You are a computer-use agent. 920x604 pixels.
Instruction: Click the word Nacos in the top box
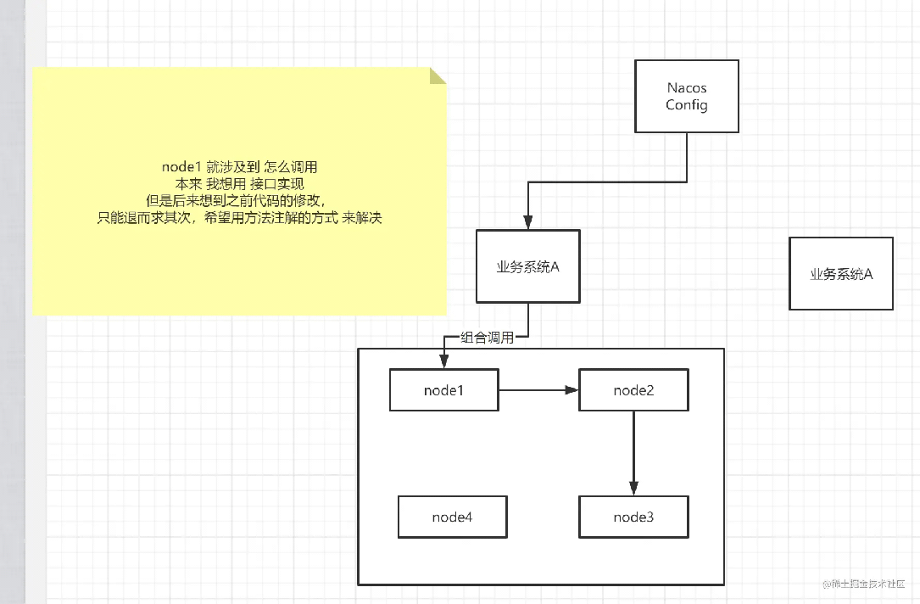click(687, 88)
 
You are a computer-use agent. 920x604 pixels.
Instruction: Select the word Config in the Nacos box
click(687, 105)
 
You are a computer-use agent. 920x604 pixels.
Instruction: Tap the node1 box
click(444, 389)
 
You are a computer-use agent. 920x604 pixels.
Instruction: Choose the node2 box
click(633, 389)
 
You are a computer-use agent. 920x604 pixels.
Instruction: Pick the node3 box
click(633, 517)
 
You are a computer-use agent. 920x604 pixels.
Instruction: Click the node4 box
click(453, 517)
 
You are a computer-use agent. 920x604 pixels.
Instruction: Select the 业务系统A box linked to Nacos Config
click(528, 266)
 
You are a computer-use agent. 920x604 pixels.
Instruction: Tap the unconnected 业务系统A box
click(841, 273)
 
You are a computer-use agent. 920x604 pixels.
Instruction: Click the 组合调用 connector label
click(487, 338)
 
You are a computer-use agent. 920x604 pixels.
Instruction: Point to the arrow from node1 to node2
click(538, 389)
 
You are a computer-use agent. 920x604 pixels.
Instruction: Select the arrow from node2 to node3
click(633, 453)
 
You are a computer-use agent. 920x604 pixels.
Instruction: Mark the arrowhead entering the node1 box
click(444, 361)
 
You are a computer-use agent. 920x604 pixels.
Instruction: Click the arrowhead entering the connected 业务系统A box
click(528, 222)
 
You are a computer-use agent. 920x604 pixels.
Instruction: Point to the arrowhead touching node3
click(633, 489)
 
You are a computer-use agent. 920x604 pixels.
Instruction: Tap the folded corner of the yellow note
click(438, 75)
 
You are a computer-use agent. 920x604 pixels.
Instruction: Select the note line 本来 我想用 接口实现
click(239, 184)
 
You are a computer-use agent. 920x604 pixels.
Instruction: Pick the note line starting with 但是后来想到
click(236, 201)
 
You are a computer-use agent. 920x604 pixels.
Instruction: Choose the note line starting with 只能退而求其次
click(239, 218)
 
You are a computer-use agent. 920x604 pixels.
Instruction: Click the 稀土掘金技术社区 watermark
click(864, 584)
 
